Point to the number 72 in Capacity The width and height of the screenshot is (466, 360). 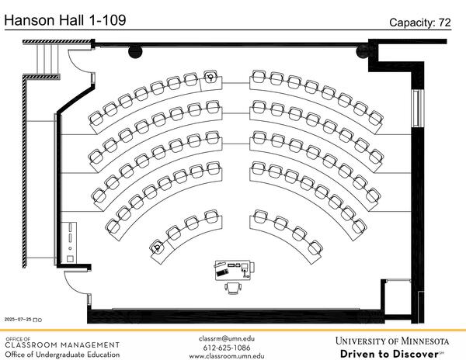point(443,22)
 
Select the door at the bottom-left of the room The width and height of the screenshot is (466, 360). point(76,279)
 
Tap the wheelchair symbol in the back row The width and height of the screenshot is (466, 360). point(210,77)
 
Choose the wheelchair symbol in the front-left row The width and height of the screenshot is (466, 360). point(158,248)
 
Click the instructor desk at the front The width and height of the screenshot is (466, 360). point(233,269)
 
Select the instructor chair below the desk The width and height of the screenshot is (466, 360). point(232,289)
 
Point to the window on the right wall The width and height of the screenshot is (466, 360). point(417,109)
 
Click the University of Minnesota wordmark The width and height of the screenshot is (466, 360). point(392,341)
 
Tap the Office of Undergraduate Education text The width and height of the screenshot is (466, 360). point(62,355)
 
